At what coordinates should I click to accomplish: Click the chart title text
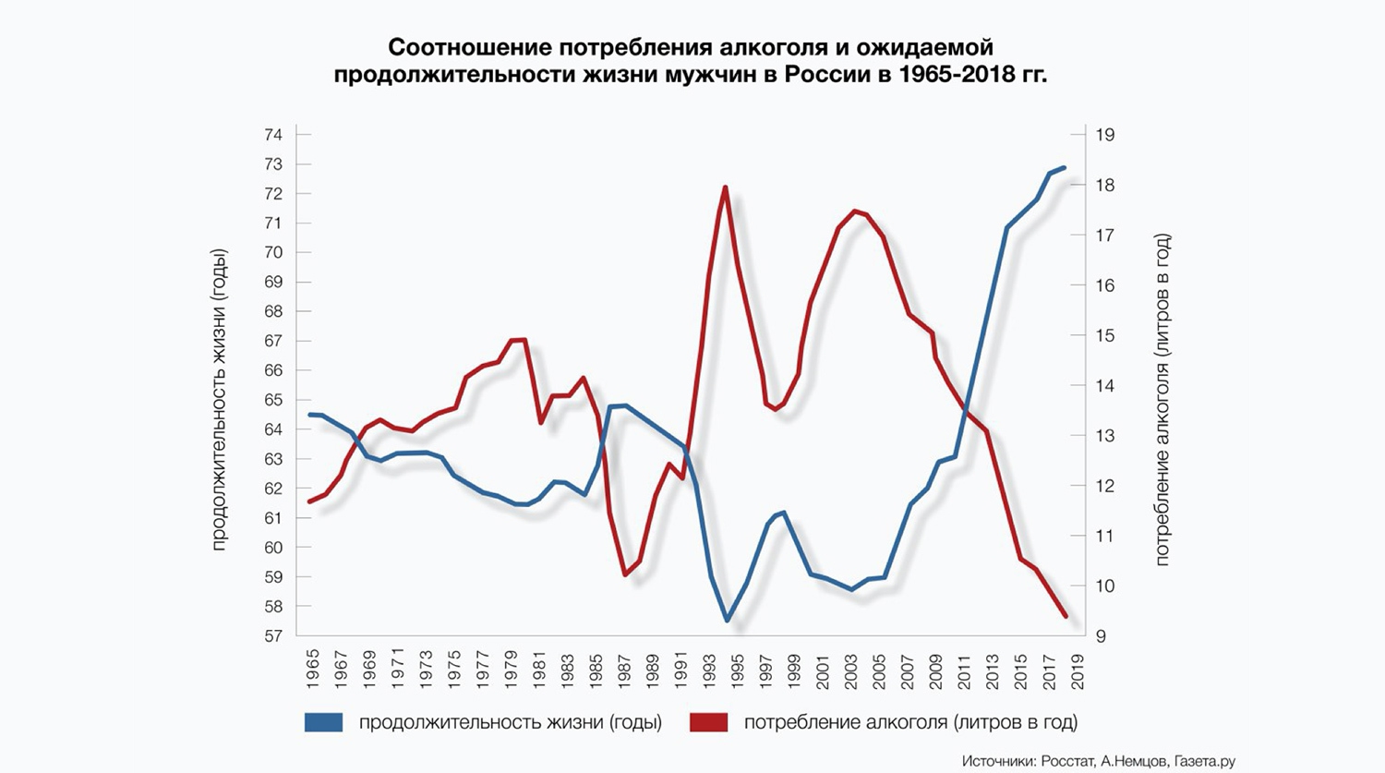click(691, 60)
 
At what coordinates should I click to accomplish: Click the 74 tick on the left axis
click(273, 135)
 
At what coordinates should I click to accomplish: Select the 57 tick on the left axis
click(273, 636)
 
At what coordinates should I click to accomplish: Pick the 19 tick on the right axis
click(1105, 135)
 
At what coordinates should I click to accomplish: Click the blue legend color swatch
click(323, 722)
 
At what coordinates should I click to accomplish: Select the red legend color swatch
click(708, 722)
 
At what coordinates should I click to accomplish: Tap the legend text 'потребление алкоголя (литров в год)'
click(910, 722)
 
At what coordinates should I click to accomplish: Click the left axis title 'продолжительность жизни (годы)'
click(219, 400)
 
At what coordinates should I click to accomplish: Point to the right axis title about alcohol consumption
click(1162, 400)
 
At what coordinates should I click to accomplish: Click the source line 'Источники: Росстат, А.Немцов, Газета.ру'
click(1098, 761)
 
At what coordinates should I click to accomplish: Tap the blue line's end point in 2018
click(1065, 167)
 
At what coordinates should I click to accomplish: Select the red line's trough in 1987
click(626, 574)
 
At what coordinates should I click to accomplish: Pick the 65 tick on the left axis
click(273, 400)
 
